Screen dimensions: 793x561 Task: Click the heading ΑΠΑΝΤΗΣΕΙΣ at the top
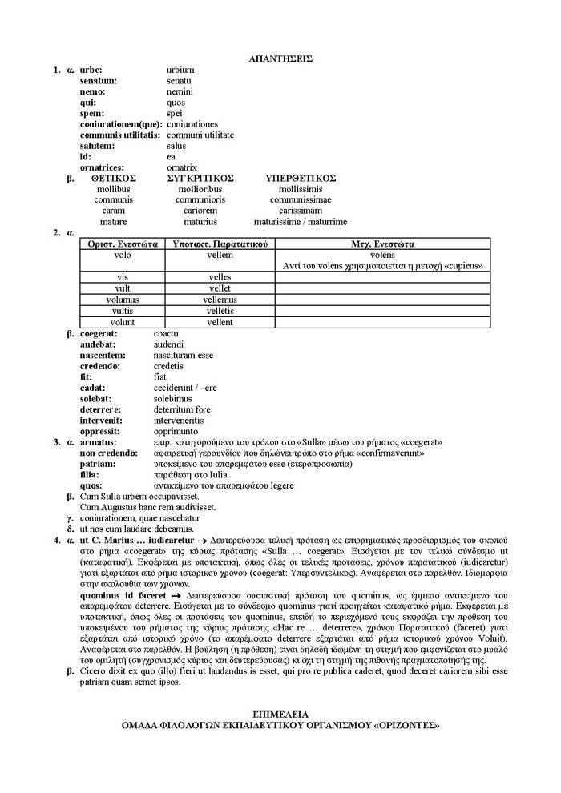point(280,58)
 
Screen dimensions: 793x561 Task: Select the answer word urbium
point(180,70)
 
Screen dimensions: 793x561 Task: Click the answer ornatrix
point(182,167)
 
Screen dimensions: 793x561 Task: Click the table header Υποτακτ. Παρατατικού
point(220,244)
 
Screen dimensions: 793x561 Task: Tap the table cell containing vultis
point(123,311)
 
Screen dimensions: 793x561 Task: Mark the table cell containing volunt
point(123,322)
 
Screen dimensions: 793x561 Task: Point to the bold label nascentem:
point(102,355)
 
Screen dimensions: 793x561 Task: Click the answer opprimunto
point(175,431)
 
